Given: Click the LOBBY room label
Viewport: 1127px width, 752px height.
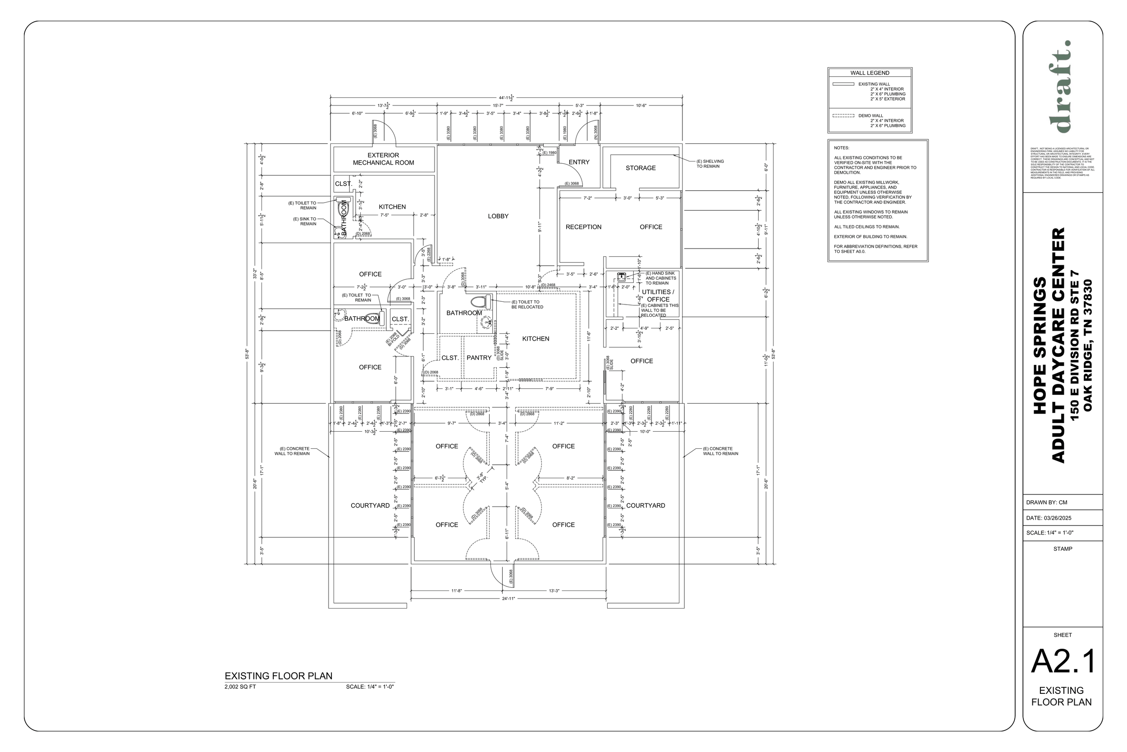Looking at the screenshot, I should pyautogui.click(x=498, y=216).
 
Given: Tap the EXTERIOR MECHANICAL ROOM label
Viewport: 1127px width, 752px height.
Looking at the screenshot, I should pyautogui.click(x=383, y=159).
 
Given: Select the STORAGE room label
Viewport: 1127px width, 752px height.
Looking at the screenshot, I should pyautogui.click(x=640, y=168).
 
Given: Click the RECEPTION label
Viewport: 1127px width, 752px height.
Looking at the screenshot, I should pyautogui.click(x=583, y=227).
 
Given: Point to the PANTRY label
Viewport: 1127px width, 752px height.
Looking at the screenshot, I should pyautogui.click(x=479, y=358).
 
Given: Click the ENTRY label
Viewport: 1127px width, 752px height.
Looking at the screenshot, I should pyautogui.click(x=579, y=162).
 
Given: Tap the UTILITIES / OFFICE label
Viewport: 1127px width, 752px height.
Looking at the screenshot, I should pyautogui.click(x=658, y=295).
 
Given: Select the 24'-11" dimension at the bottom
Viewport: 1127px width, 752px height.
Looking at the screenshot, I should pyautogui.click(x=509, y=599).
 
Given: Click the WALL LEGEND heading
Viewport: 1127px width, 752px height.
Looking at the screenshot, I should pyautogui.click(x=870, y=73).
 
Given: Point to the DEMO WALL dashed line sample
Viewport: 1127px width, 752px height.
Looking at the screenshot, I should pyautogui.click(x=843, y=115).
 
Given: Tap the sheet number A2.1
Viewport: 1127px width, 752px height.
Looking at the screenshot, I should pyautogui.click(x=1063, y=662).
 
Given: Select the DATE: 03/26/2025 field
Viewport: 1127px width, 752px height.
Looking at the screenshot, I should pyautogui.click(x=1049, y=518).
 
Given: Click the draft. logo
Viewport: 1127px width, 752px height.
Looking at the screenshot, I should pyautogui.click(x=1062, y=86).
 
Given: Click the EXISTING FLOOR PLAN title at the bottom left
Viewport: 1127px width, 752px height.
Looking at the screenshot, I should pyautogui.click(x=279, y=676).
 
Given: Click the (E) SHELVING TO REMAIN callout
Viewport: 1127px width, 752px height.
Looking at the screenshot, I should pyautogui.click(x=710, y=164).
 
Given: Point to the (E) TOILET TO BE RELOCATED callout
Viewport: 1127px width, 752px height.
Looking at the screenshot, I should pyautogui.click(x=527, y=304).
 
